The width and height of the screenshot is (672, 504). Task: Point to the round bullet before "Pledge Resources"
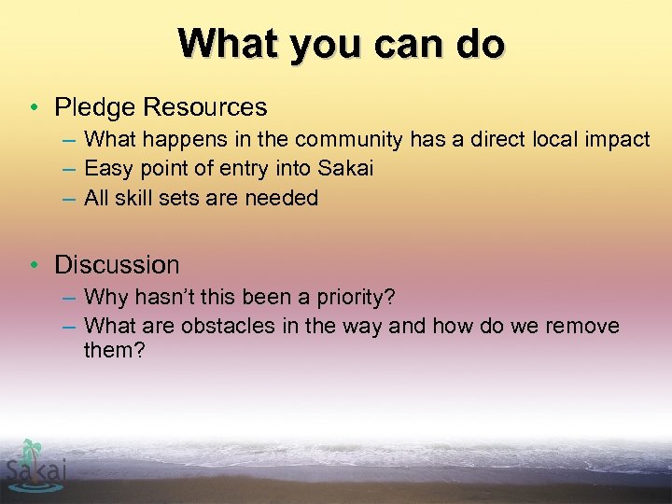34,108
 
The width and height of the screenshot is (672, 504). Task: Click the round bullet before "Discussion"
34,265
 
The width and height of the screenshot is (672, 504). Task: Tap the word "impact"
615,140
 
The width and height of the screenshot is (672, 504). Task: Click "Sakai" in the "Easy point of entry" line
345,169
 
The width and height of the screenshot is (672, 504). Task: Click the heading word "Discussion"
117,265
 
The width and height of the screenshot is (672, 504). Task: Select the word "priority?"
356,298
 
